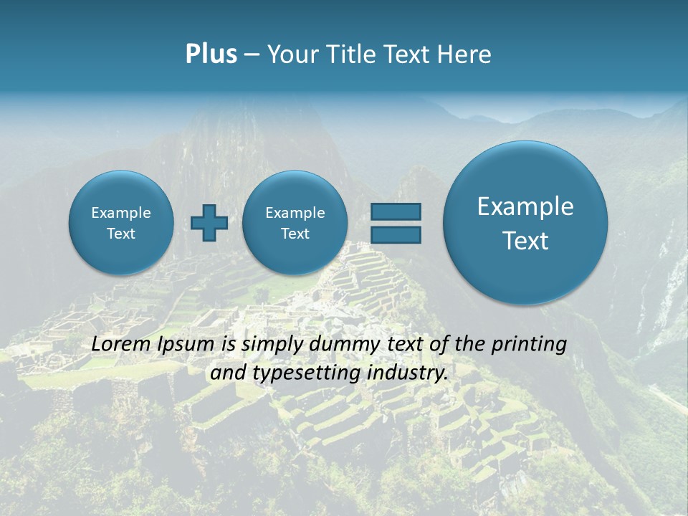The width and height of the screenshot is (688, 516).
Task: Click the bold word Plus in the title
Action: coord(211,54)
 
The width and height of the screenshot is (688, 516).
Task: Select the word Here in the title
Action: coord(466,54)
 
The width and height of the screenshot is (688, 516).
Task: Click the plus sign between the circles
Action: coord(209,223)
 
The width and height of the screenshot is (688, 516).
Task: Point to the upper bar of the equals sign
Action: coord(396,211)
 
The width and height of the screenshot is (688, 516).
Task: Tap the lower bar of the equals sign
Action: coord(396,234)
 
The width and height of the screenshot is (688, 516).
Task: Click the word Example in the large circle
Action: coord(525,206)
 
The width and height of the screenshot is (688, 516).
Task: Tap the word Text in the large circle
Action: coord(525,241)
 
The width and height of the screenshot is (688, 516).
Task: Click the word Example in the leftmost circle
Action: coord(121,213)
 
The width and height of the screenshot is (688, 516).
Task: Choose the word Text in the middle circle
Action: coord(295,234)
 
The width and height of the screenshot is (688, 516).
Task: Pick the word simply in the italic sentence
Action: coord(272,345)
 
